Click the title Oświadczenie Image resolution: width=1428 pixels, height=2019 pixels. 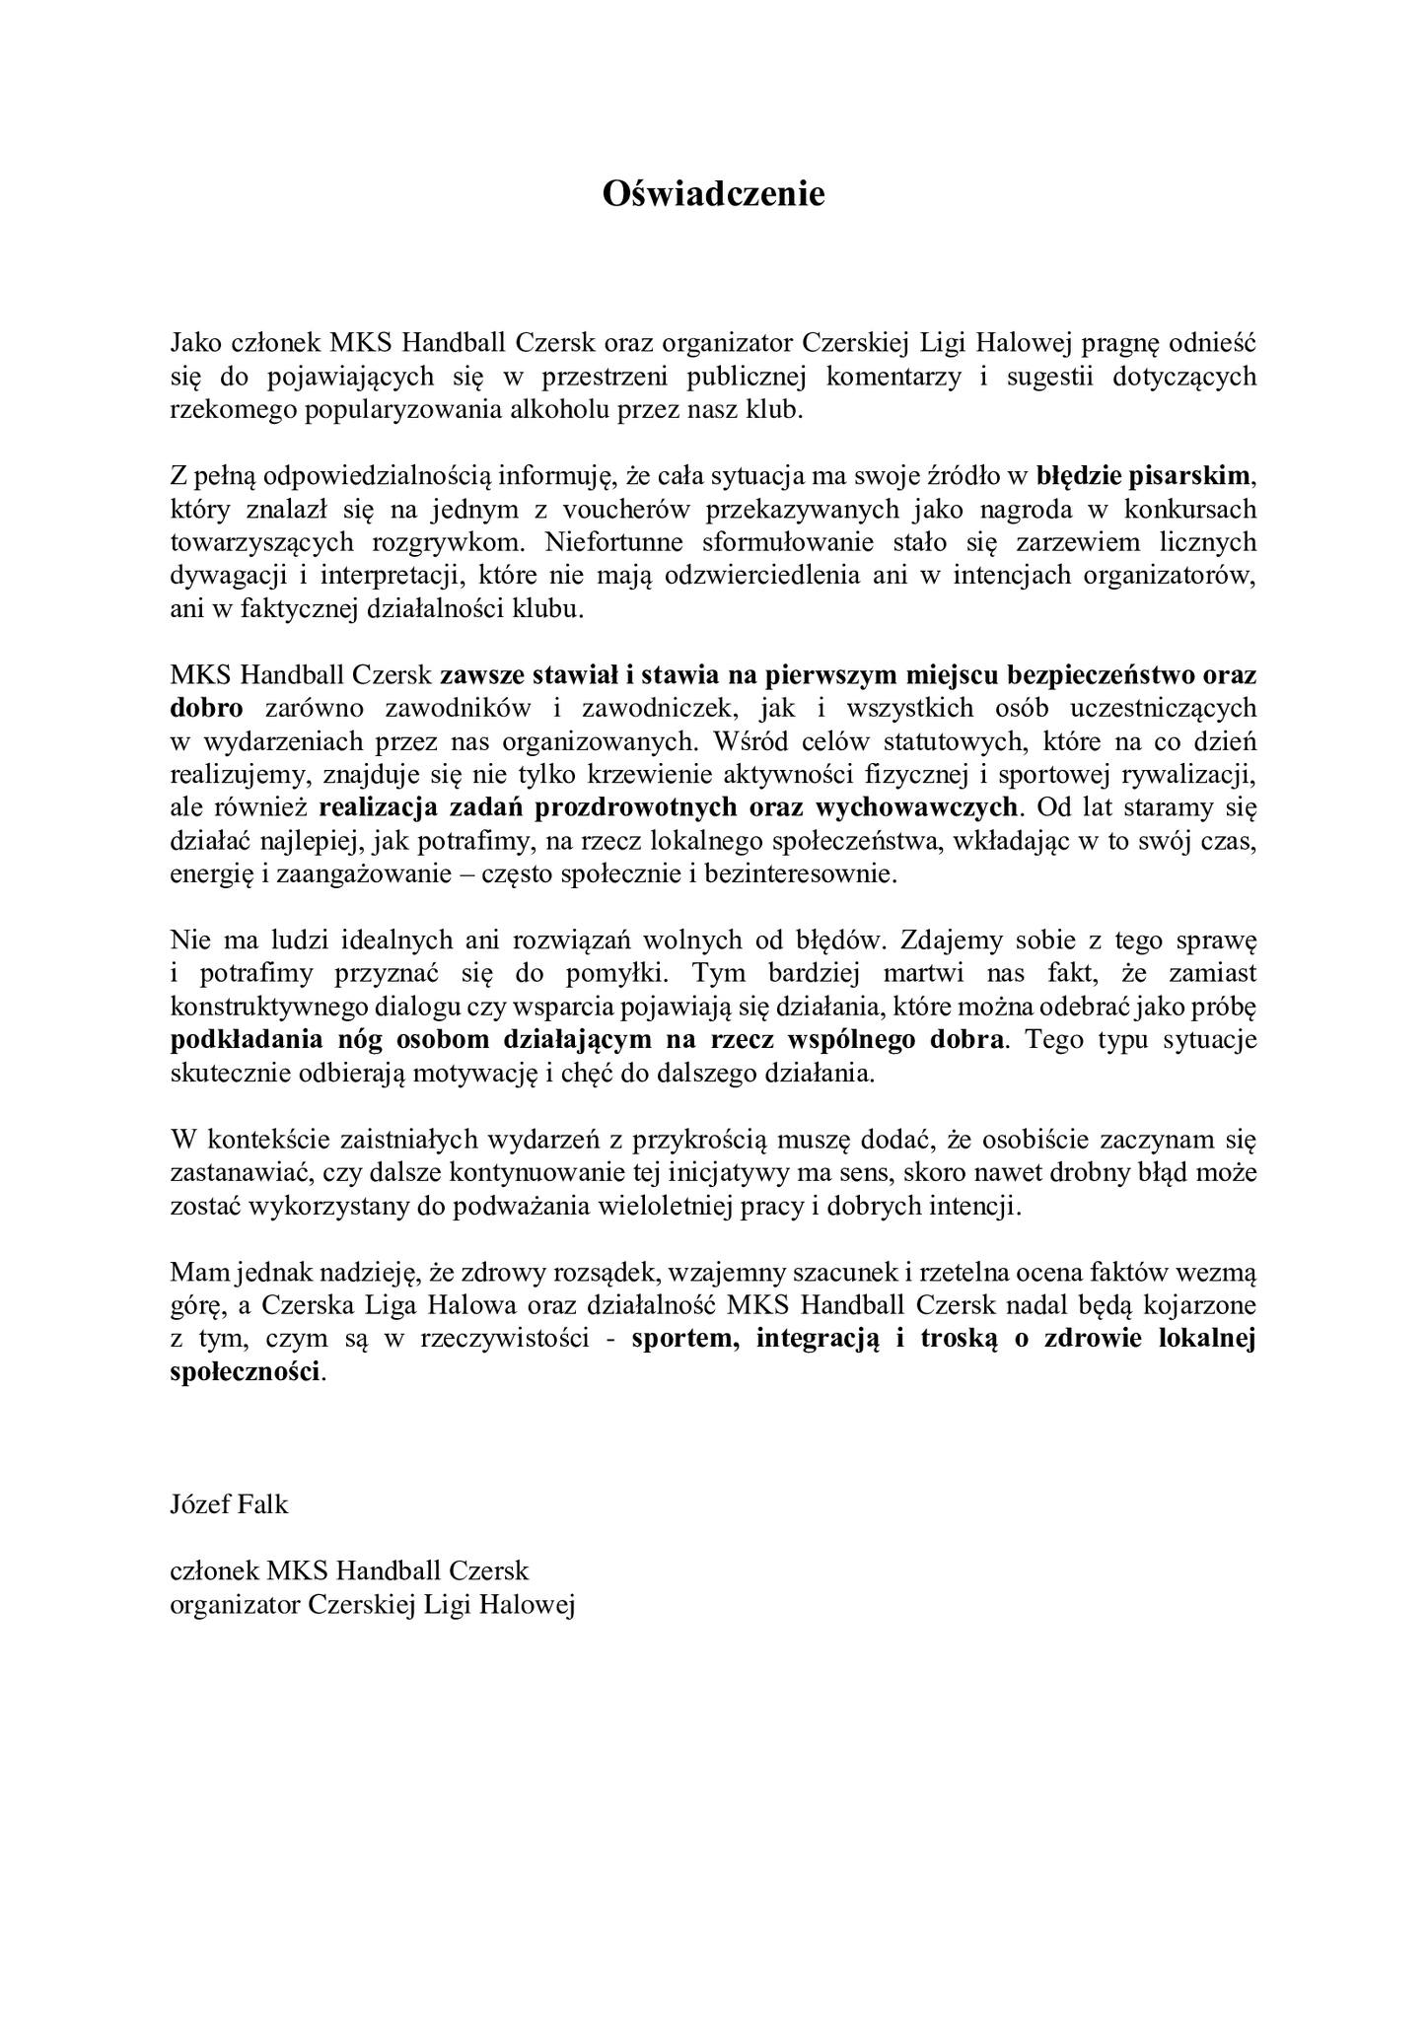pos(713,193)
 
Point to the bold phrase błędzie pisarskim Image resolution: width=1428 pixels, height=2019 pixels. pos(1143,476)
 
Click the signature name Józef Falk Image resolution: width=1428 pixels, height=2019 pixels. pos(230,1504)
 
